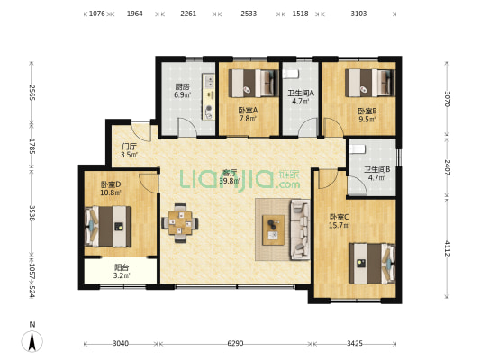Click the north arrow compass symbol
32,341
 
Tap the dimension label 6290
235,344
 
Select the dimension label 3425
355,344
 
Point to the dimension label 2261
188,13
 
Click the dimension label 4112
448,248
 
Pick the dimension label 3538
32,213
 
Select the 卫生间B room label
376,169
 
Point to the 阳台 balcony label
122,267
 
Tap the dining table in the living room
180,223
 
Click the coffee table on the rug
273,230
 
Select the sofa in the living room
300,229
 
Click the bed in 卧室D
108,226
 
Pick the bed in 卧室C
372,264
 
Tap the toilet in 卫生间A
290,74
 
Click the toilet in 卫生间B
358,149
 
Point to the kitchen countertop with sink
208,96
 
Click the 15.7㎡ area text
340,226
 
